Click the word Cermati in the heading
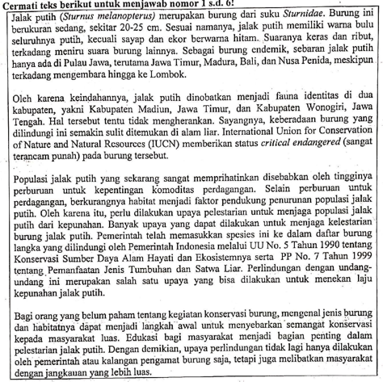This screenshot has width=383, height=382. (23, 5)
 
